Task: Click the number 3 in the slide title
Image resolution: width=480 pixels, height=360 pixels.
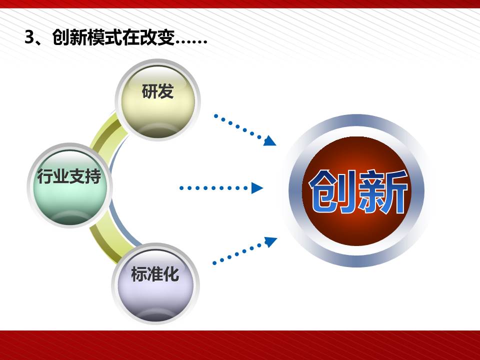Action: click(x=29, y=37)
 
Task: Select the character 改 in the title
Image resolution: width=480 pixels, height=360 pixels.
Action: click(x=148, y=38)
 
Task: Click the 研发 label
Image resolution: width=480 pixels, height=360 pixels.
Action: click(x=157, y=91)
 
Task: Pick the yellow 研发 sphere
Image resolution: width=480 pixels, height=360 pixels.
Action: click(x=157, y=100)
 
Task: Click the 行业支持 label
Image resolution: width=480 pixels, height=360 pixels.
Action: click(x=69, y=176)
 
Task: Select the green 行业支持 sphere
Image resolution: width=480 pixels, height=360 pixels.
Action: click(x=70, y=185)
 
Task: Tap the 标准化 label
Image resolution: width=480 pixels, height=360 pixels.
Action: click(x=155, y=273)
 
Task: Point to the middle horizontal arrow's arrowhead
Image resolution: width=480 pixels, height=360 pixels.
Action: click(x=257, y=188)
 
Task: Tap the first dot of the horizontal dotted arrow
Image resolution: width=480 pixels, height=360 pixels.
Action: click(x=181, y=188)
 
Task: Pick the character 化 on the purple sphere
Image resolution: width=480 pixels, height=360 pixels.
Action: click(x=171, y=273)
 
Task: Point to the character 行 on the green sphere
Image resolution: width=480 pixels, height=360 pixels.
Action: click(x=45, y=176)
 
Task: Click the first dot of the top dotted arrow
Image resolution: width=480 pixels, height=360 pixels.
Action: click(x=216, y=115)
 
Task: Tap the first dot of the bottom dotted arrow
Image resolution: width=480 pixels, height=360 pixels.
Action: click(x=214, y=263)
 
